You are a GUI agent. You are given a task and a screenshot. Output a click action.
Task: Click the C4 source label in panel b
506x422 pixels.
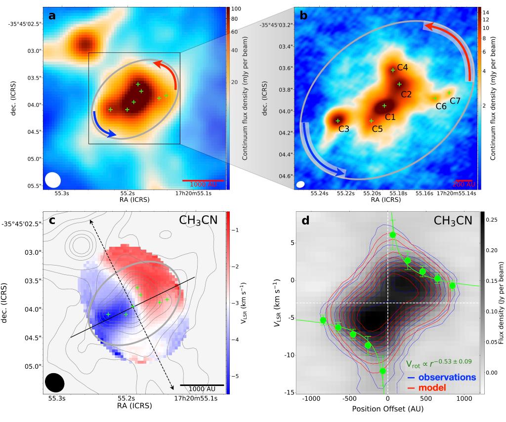[402, 67]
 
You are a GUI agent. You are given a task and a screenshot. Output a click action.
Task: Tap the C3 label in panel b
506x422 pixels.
[344, 129]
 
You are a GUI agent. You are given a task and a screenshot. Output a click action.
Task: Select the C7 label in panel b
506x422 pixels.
[455, 101]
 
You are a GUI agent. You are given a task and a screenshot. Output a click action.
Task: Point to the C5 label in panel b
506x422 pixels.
[377, 129]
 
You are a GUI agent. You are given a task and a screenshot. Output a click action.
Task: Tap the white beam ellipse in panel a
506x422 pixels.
[52, 180]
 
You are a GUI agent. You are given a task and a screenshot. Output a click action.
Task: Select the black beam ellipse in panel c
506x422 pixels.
[54, 383]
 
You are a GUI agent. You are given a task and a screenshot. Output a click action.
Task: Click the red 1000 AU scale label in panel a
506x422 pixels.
[204, 184]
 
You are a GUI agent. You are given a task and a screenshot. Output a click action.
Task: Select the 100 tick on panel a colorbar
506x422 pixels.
[235, 9]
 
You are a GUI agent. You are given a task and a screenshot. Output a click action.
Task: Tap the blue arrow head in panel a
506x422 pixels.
[113, 133]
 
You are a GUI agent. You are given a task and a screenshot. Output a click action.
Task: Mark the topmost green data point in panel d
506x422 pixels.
[393, 234]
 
